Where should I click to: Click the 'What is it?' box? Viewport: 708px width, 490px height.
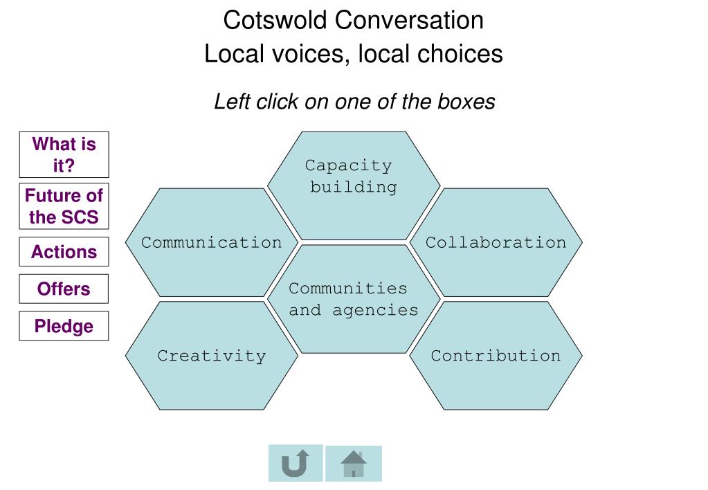pyautogui.click(x=64, y=154)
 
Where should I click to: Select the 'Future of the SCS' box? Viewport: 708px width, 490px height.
pyautogui.click(x=64, y=206)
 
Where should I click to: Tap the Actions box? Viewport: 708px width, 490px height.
pyautogui.click(x=64, y=252)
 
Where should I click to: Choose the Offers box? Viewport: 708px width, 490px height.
pyautogui.click(x=64, y=289)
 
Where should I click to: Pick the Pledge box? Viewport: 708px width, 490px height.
pyautogui.click(x=64, y=326)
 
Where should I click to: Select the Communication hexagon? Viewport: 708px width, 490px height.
pyautogui.click(x=211, y=242)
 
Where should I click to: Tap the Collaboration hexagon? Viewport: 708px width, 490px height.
pyautogui.click(x=496, y=242)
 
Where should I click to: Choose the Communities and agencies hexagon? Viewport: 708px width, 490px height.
pyautogui.click(x=353, y=299)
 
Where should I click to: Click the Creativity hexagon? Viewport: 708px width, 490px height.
pyautogui.click(x=211, y=356)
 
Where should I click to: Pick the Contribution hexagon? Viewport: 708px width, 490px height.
pyautogui.click(x=496, y=356)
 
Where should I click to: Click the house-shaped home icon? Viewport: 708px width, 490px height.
pyautogui.click(x=354, y=463)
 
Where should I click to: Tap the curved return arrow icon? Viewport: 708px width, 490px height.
pyautogui.click(x=296, y=463)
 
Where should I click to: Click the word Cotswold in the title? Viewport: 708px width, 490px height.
pyautogui.click(x=275, y=20)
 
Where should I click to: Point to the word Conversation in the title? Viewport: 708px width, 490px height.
pyautogui.click(x=409, y=20)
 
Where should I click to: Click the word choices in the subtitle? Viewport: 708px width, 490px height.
pyautogui.click(x=458, y=53)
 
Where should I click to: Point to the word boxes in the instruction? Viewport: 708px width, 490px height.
pyautogui.click(x=466, y=102)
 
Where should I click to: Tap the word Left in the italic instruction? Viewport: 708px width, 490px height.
pyautogui.click(x=232, y=102)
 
